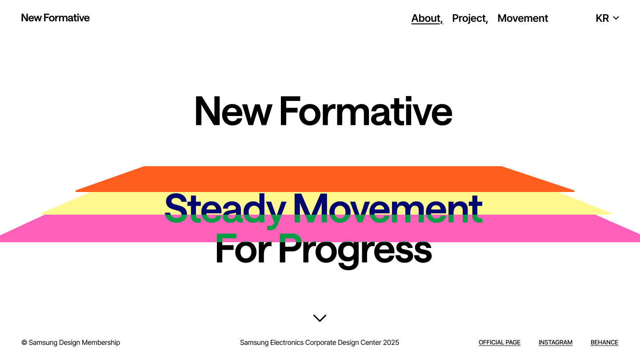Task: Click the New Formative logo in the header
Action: tap(55, 18)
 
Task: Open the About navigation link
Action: tap(426, 18)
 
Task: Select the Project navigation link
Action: tap(469, 19)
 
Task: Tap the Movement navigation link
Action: tap(523, 18)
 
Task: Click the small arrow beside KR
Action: tap(616, 18)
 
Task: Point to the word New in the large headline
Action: tap(233, 111)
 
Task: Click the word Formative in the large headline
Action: tap(366, 111)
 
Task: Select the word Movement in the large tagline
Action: tap(388, 208)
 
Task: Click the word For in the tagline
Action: tap(243, 248)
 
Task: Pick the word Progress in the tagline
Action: tap(356, 251)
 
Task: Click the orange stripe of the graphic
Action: tap(324, 179)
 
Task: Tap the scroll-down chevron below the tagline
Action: tap(320, 318)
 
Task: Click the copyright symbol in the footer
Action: tap(24, 343)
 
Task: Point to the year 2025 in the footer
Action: tap(391, 343)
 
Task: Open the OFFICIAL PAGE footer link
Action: tap(500, 343)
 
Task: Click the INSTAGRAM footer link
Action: tap(556, 343)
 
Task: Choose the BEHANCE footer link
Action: tap(604, 343)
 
